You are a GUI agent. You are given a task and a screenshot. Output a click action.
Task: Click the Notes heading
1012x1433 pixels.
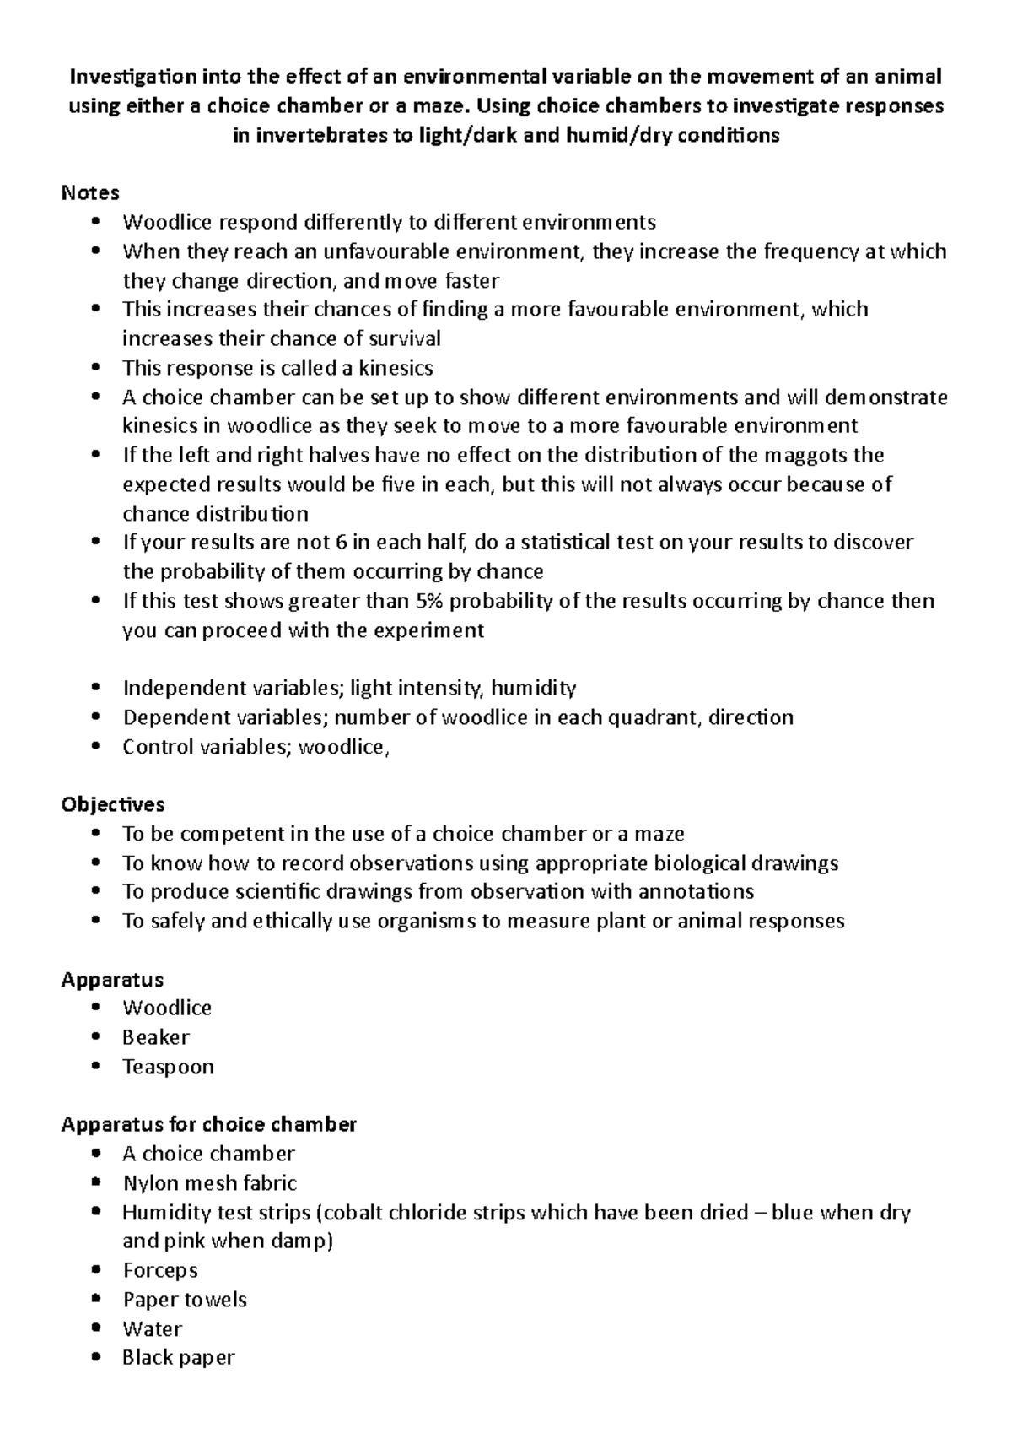(90, 193)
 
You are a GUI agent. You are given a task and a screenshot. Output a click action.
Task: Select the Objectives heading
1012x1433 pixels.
(113, 804)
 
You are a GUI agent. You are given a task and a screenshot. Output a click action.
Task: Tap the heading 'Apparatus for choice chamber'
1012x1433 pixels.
(209, 1124)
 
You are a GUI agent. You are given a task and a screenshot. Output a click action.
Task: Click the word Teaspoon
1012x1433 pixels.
(168, 1067)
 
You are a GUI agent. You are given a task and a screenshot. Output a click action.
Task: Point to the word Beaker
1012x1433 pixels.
(156, 1037)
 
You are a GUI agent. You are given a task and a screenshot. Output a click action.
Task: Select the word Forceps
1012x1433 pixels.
(160, 1270)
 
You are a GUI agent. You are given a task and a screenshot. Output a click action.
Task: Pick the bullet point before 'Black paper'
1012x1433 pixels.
(99, 1357)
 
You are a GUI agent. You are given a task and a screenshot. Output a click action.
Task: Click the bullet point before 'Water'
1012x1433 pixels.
(99, 1328)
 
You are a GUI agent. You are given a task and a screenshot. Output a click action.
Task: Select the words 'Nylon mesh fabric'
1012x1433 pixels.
(209, 1183)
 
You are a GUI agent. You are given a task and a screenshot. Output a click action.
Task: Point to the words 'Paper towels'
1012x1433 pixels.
(185, 1300)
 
